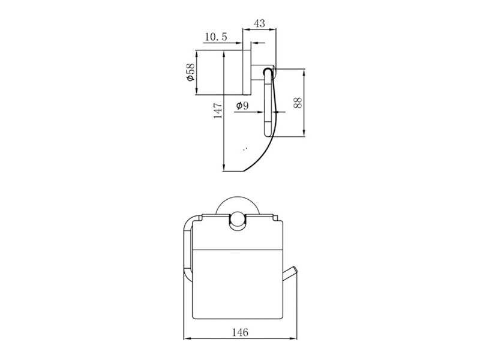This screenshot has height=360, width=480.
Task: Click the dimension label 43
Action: click(259, 23)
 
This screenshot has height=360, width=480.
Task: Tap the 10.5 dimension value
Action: click(216, 37)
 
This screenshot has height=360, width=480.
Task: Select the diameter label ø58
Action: click(190, 72)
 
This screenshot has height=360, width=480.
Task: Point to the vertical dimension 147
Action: click(218, 110)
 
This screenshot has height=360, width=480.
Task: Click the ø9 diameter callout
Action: click(242, 106)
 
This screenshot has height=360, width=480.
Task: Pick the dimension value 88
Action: click(297, 103)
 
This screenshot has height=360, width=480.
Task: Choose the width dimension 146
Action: click(239, 332)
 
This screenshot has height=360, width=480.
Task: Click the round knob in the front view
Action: click(237, 220)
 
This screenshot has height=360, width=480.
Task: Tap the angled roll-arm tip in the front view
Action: click(294, 270)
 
